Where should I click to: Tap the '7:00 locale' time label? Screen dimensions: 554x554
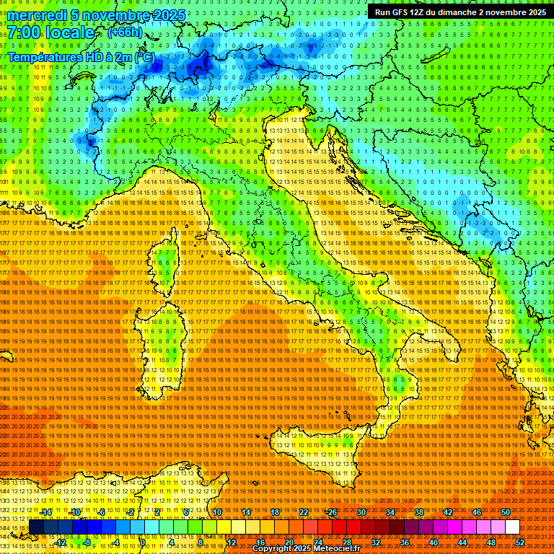50,32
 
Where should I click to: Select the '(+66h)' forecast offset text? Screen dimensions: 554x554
124,32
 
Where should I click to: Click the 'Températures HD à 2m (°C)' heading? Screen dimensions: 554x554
81,56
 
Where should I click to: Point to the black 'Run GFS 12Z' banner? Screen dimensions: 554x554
460,12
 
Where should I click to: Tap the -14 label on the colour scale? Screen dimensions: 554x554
46,511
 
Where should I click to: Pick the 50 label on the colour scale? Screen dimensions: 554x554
505,511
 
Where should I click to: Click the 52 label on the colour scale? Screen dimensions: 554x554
519,542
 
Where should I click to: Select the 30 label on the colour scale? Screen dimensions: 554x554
361,511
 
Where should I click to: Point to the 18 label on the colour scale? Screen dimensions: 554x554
275,511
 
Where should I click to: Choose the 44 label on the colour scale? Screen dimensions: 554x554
462,542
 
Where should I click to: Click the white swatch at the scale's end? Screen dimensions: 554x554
512,527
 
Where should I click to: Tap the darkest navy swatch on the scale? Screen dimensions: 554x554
36,527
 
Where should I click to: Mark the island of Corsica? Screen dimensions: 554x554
166,263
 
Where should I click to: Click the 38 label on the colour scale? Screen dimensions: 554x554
419,511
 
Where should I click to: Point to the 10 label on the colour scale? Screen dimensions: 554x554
217,511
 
